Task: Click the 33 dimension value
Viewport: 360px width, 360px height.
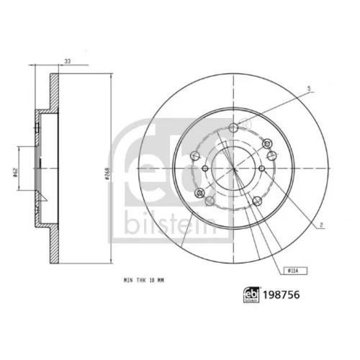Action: pyautogui.click(x=68, y=61)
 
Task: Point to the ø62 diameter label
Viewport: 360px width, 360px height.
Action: pyautogui.click(x=15, y=173)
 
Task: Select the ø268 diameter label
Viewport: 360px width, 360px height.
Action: pyautogui.click(x=107, y=174)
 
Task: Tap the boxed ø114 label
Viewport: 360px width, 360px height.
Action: pyautogui.click(x=295, y=271)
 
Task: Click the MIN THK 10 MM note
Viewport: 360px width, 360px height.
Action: pyautogui.click(x=144, y=280)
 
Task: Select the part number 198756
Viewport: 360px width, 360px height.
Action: pyautogui.click(x=282, y=294)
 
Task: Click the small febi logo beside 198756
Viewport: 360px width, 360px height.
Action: pyautogui.click(x=251, y=294)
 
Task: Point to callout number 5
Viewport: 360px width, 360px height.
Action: pyautogui.click(x=309, y=89)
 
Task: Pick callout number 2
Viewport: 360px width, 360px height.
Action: pyautogui.click(x=321, y=225)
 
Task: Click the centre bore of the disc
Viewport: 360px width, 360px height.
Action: pyautogui.click(x=234, y=168)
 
